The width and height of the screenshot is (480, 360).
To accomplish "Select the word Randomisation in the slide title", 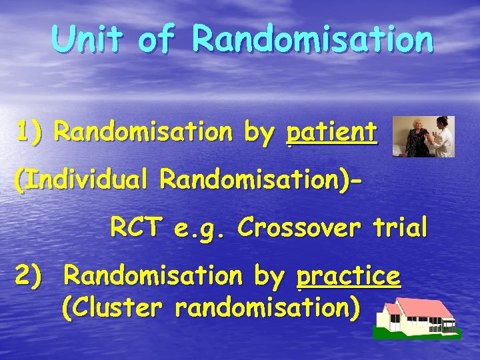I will coord(313,40).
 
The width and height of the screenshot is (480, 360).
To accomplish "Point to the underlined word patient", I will coord(331,133).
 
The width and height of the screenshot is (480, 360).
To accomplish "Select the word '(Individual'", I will coord(83,180).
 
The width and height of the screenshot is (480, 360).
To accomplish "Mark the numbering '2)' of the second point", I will coord(31,274).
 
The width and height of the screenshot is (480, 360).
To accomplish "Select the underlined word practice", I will coord(349,275).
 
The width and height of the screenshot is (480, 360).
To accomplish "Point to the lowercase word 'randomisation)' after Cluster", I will coord(268,307).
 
